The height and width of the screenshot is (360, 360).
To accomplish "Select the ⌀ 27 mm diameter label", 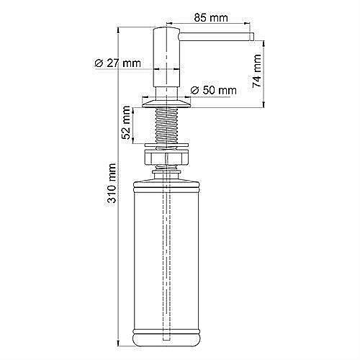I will pyautogui.click(x=117, y=63).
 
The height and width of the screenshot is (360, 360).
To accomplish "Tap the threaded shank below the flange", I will pyautogui.click(x=168, y=127).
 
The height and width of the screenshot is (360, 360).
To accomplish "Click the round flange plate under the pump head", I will pyautogui.click(x=168, y=105).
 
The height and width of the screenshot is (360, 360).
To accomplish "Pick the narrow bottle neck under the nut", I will pyautogui.click(x=168, y=170).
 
